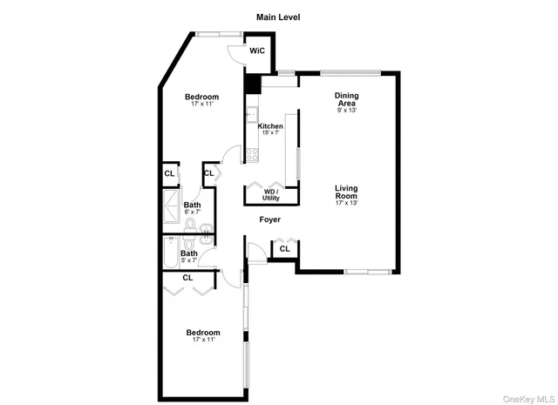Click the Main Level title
(x=278, y=17)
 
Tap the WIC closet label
(x=256, y=51)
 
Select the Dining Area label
(x=346, y=99)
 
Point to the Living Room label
(x=346, y=192)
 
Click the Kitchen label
(x=270, y=126)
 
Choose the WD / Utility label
(x=271, y=194)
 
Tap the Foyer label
(x=270, y=219)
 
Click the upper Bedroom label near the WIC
(x=201, y=97)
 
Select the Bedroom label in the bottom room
(x=202, y=332)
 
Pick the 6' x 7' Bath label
(x=192, y=206)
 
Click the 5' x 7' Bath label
(x=188, y=254)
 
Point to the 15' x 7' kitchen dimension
(x=270, y=133)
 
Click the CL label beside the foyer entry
(x=284, y=249)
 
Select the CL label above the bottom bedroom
(x=187, y=278)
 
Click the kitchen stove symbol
(x=251, y=156)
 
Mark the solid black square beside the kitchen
(x=253, y=84)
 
